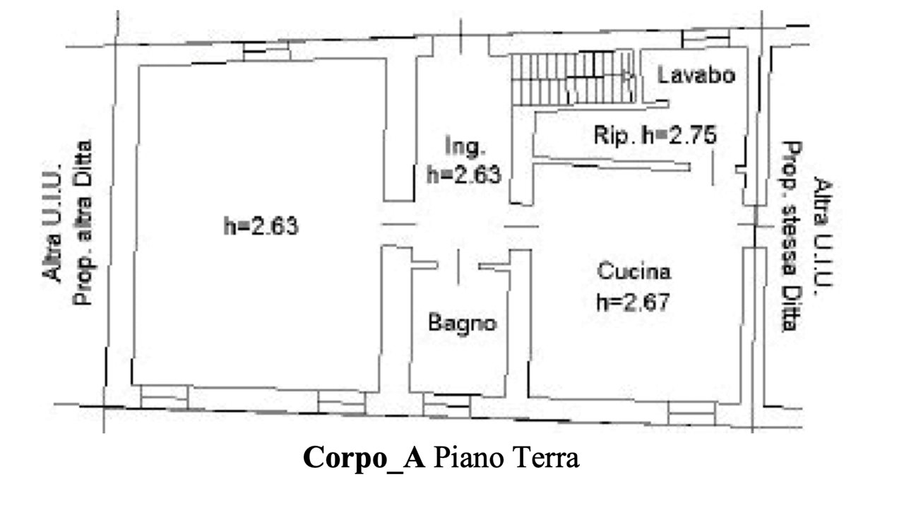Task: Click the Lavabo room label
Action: click(x=696, y=75)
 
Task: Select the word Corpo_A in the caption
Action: click(x=363, y=458)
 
